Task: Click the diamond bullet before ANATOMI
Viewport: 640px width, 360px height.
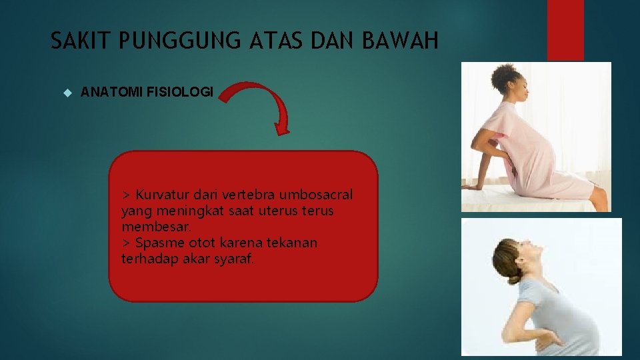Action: [65, 92]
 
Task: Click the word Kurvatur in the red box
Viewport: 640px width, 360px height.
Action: [163, 195]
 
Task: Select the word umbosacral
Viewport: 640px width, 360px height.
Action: [318, 195]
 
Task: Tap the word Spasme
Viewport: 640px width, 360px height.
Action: [156, 243]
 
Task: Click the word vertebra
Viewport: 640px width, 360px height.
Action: [251, 195]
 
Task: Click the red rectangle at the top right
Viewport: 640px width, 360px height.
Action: [565, 30]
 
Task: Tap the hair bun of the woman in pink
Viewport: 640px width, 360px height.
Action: [507, 77]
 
